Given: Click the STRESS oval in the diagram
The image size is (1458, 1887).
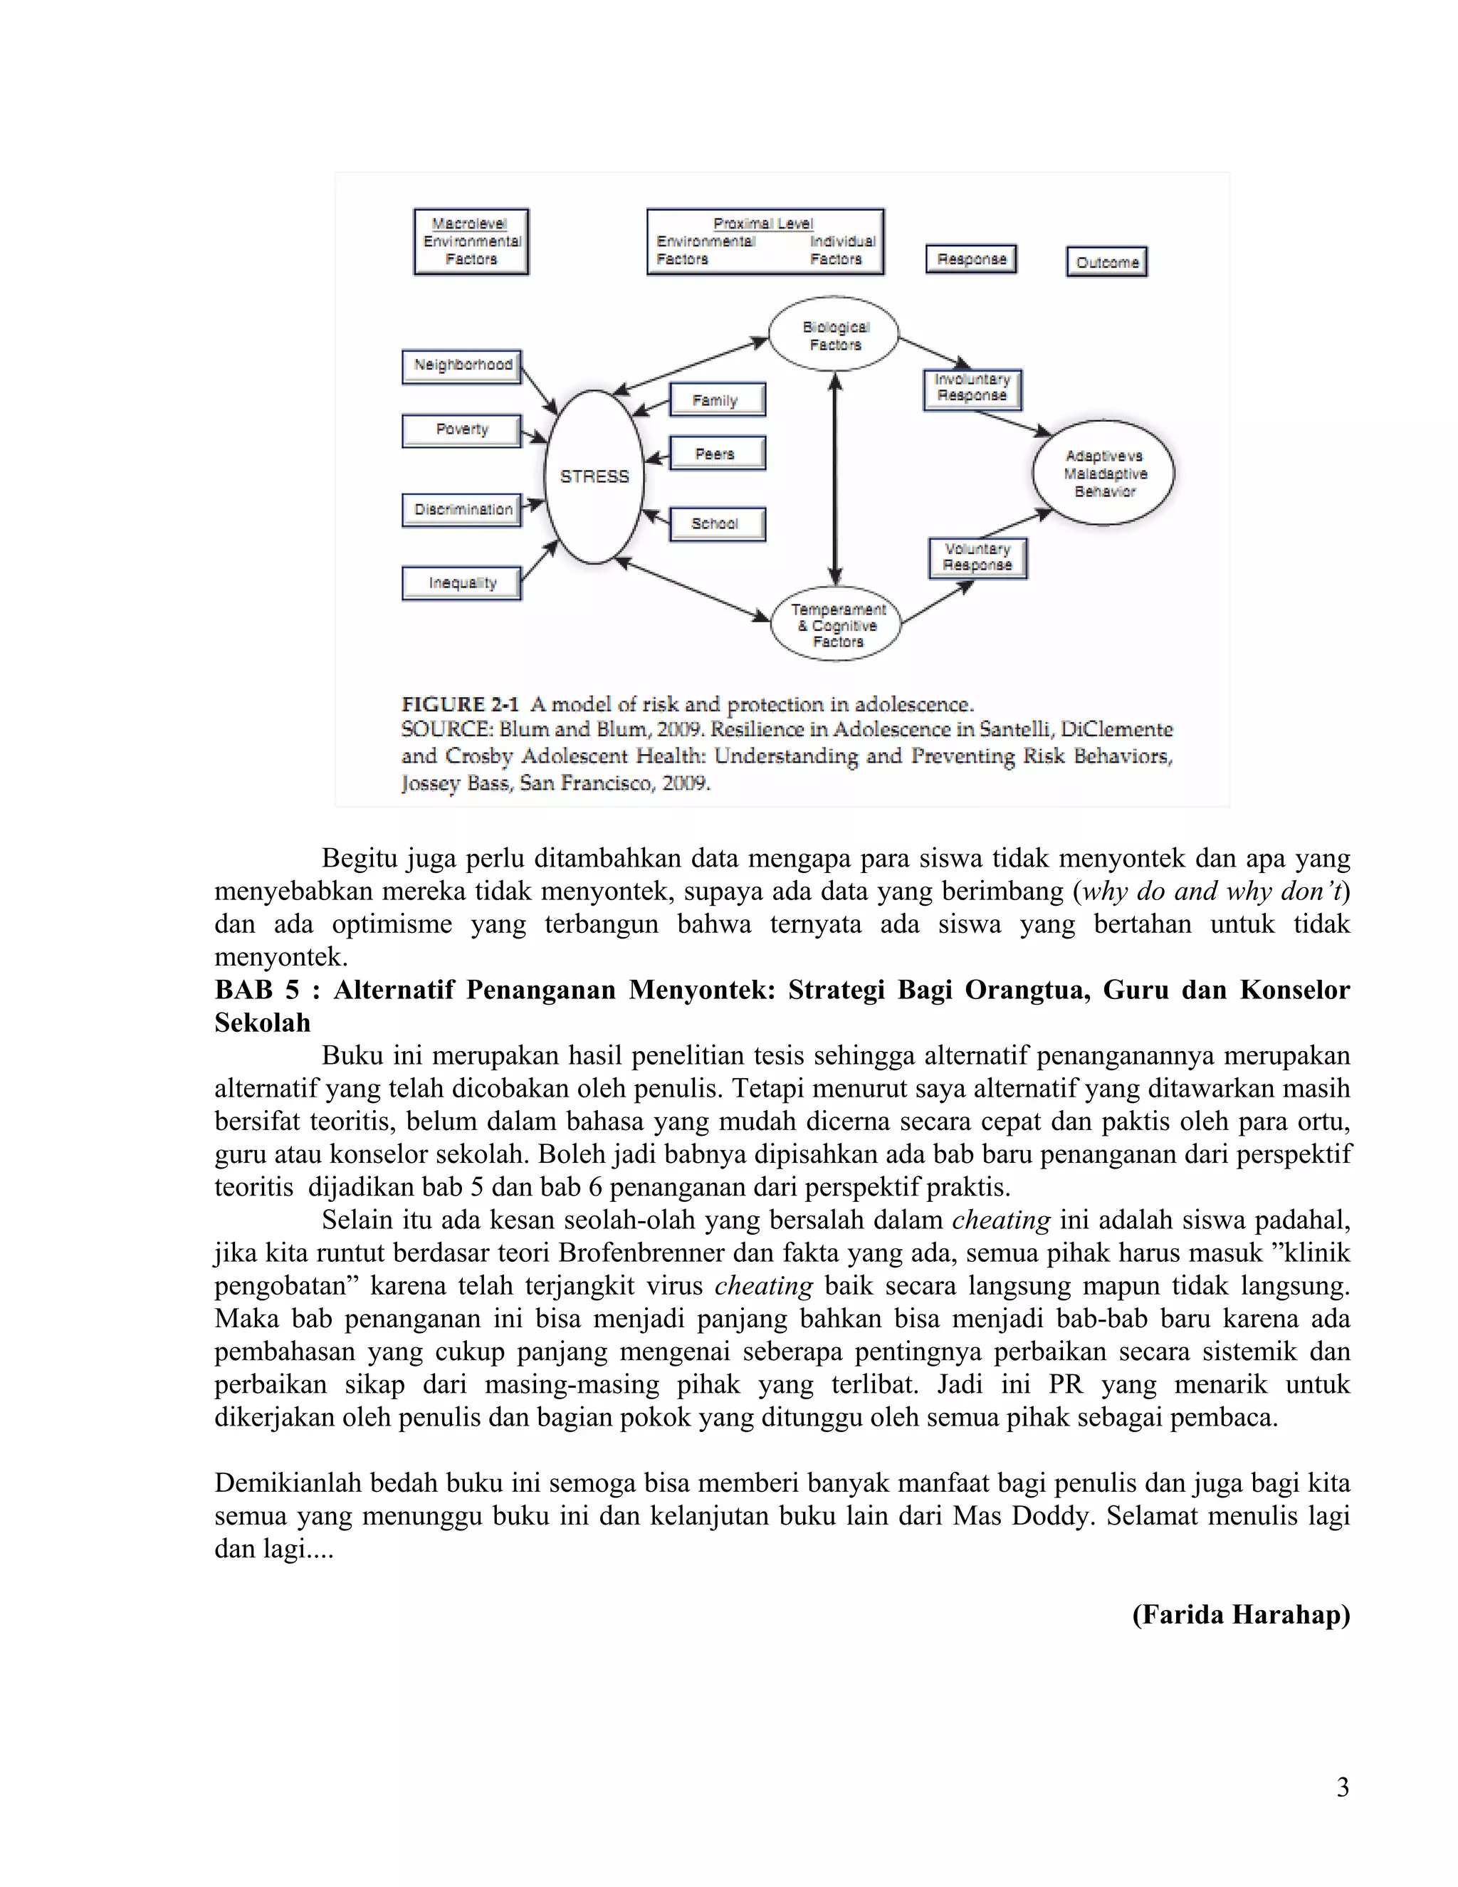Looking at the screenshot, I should click(x=594, y=477).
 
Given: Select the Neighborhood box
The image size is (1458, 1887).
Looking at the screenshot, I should click(x=462, y=365).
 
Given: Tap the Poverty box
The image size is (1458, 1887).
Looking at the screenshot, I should click(x=462, y=429).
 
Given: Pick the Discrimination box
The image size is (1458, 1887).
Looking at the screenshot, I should click(x=462, y=510).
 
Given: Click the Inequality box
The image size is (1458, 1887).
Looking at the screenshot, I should click(x=462, y=583).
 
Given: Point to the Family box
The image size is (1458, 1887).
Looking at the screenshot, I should click(x=716, y=400).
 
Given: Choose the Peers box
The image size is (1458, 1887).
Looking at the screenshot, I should click(x=716, y=454).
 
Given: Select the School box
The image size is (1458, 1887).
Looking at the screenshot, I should click(x=716, y=523).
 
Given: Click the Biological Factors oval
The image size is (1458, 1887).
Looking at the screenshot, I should click(x=834, y=335).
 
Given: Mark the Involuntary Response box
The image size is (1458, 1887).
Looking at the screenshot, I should click(x=972, y=388).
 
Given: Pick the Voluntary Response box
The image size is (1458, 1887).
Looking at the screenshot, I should click(x=977, y=558).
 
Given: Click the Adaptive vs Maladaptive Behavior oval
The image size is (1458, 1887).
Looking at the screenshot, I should click(x=1104, y=474).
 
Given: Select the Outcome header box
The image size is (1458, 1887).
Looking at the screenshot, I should click(x=1107, y=262).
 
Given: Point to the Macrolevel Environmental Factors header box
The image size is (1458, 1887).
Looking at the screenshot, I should click(x=471, y=242).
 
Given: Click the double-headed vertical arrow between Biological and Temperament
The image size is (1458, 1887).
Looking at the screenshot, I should click(x=835, y=479).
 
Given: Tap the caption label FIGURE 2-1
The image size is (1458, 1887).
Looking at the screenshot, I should click(x=459, y=704).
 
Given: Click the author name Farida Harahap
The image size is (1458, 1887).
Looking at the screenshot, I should click(x=1240, y=1614).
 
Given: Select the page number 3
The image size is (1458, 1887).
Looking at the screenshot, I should click(x=1342, y=1787).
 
